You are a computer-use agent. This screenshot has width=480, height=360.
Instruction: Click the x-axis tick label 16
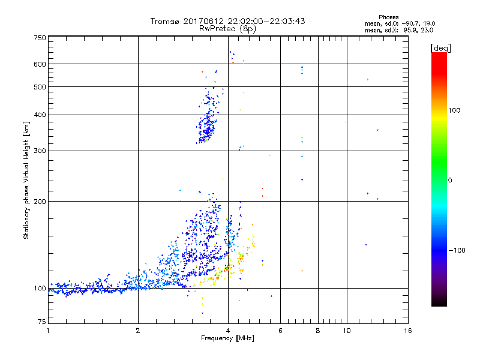(408, 331)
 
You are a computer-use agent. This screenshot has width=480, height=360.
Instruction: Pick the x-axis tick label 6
(280, 331)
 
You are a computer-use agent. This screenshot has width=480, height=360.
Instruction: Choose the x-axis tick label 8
(318, 331)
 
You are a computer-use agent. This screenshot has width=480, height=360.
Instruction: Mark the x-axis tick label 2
(138, 331)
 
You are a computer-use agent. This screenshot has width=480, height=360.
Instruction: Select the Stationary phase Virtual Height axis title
(26, 181)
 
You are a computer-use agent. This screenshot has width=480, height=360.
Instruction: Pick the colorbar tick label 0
(452, 180)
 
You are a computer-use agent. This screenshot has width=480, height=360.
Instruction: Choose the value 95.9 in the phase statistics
(409, 29)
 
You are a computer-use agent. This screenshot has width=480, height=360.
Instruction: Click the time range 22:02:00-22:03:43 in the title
(263, 21)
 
